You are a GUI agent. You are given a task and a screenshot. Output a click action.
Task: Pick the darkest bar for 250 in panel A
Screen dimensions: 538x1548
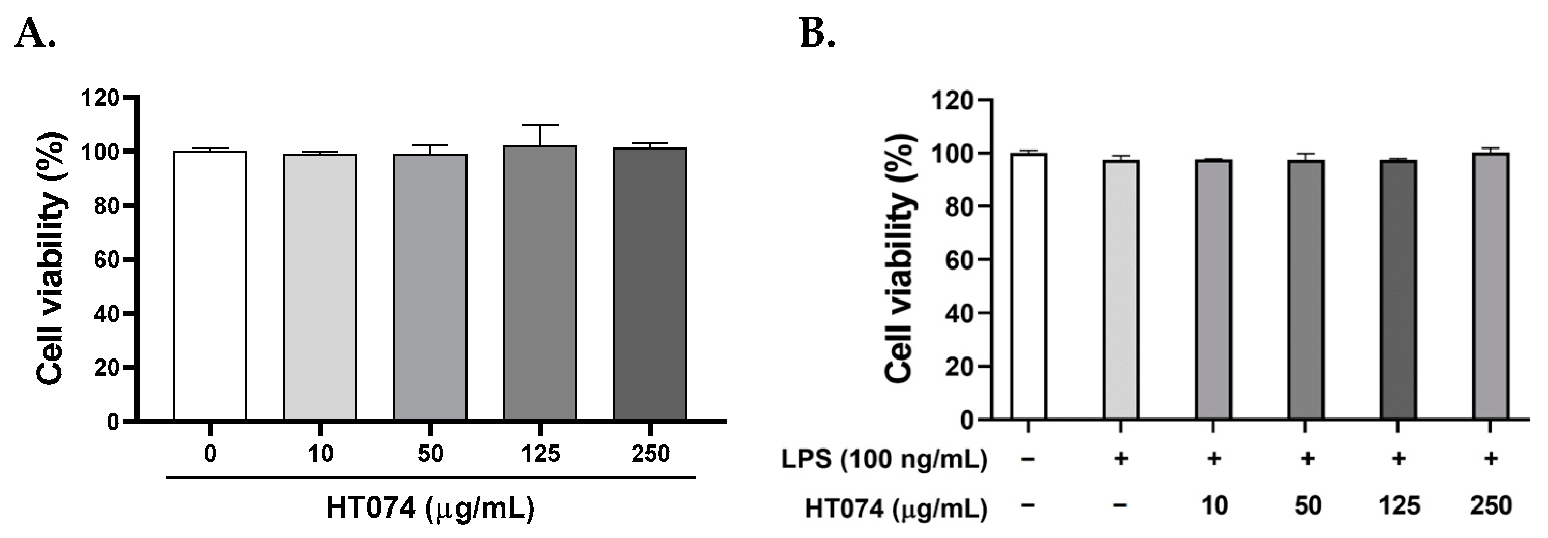tap(650, 283)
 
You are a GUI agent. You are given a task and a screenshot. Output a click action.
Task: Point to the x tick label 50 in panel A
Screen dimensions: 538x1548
tap(430, 454)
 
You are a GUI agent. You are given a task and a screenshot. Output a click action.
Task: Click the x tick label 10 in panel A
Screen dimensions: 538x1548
tap(320, 454)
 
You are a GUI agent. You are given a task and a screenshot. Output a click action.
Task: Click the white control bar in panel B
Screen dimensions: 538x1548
tap(1028, 286)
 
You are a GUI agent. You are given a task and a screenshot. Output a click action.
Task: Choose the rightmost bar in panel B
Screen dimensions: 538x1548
tap(1490, 286)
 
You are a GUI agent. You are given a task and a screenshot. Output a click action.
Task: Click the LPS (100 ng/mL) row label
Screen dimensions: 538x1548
tap(884, 460)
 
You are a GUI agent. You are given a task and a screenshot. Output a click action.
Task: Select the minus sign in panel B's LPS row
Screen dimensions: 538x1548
tap(1028, 460)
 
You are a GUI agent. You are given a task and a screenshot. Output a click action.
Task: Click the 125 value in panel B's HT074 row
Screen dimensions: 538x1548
tap(1399, 506)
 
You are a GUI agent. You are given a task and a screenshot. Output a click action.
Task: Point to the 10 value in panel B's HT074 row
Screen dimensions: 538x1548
tap(1214, 506)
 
